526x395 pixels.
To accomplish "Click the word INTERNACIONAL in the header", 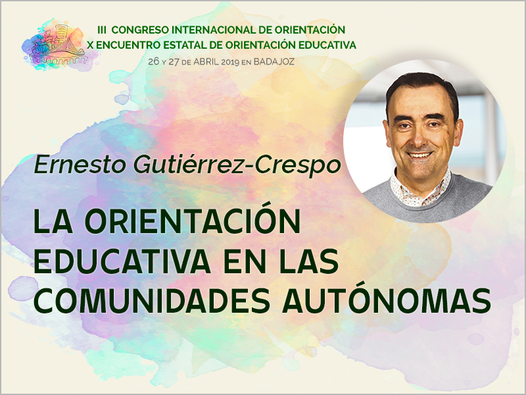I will pyautogui.click(x=216, y=30).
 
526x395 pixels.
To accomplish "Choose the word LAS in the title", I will pyautogui.click(x=308, y=262).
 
